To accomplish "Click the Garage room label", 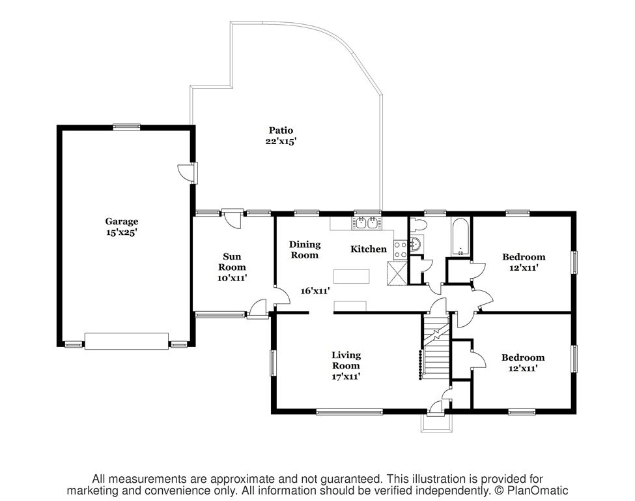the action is (122, 222).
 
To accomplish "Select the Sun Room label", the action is (232, 262).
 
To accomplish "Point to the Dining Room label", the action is (305, 249).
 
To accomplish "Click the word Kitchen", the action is (369, 249).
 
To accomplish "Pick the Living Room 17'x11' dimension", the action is (346, 376).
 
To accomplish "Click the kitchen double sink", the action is (367, 222).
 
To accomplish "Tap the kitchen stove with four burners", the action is (400, 249).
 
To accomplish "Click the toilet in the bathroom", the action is (417, 224).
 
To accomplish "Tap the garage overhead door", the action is (126, 341).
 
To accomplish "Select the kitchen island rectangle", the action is (352, 276).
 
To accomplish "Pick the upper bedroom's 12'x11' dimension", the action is (524, 267).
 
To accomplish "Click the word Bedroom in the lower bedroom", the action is (523, 357).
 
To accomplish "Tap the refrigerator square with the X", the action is (397, 274).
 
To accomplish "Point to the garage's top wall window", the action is (127, 127).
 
